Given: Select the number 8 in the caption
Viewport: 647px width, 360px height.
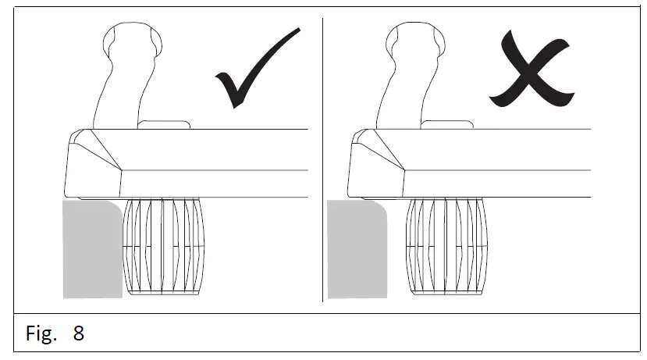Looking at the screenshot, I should (x=79, y=334).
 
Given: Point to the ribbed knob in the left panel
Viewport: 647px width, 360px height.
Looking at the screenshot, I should (x=164, y=245).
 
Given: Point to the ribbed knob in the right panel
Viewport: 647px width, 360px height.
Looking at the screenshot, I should (x=445, y=245).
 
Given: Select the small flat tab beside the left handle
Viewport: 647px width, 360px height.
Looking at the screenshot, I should (x=164, y=123).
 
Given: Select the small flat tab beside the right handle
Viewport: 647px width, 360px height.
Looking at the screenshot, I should (x=446, y=123).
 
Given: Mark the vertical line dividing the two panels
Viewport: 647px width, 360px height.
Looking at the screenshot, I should (x=323, y=156).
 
